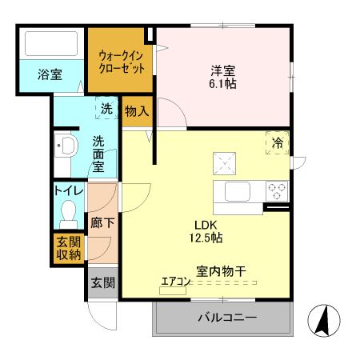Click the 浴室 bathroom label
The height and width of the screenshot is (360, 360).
50,75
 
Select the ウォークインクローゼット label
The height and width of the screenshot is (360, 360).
119,61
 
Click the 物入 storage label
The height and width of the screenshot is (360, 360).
137,112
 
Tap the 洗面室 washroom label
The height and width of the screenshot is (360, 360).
98,154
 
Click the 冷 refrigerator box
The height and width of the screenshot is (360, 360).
277,143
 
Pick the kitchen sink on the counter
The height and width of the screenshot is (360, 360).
238,192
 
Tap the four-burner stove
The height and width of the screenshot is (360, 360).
277,191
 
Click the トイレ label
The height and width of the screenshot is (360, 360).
68,190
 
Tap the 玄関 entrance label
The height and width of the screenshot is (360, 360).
102,282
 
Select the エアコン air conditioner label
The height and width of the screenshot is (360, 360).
174,281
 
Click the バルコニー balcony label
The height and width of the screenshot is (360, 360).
227,318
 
